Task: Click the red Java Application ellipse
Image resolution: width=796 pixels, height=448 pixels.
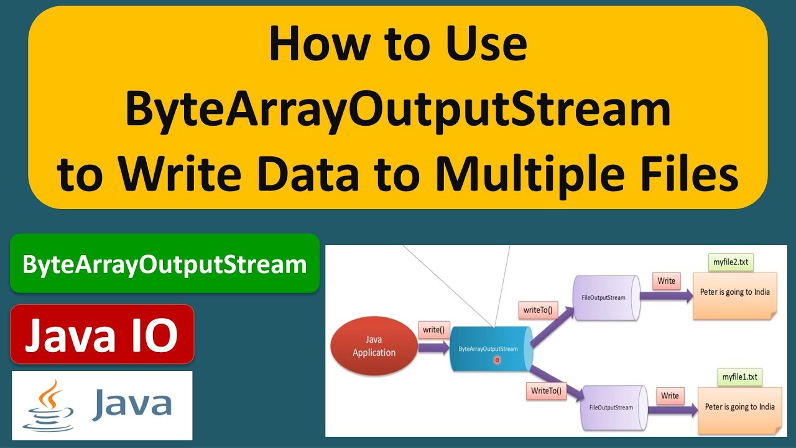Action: click(x=374, y=347)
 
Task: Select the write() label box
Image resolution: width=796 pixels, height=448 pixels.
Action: click(x=433, y=330)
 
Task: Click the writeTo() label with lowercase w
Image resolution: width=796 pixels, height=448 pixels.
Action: click(x=537, y=309)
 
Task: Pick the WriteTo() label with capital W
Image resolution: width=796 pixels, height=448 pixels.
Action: click(x=545, y=391)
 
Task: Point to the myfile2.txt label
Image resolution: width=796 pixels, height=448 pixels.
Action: click(x=730, y=263)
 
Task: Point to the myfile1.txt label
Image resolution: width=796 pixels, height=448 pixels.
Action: click(x=739, y=378)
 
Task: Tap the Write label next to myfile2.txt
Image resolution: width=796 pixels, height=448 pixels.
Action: click(x=666, y=281)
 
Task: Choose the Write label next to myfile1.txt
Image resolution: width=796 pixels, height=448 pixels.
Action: click(x=670, y=396)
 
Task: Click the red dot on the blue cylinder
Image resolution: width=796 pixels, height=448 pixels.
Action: click(x=497, y=360)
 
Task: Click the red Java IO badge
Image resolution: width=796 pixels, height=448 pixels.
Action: click(x=102, y=334)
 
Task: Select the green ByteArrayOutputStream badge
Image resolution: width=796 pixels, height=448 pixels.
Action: click(x=164, y=264)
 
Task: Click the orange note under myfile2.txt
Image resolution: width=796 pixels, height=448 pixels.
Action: click(x=734, y=296)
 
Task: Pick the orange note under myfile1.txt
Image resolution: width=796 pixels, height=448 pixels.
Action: click(x=739, y=410)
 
